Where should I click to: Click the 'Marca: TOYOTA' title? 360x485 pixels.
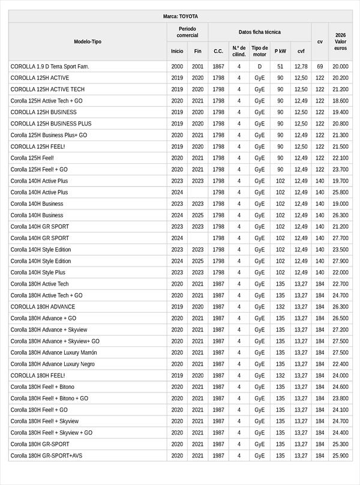pyautogui.click(x=180, y=16)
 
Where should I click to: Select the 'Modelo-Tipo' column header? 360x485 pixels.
pyautogui.click(x=88, y=41)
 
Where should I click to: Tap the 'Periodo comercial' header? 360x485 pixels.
pyautogui.click(x=187, y=32)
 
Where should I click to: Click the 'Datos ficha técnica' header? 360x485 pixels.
pyautogui.click(x=259, y=32)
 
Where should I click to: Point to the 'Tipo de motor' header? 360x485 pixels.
pyautogui.click(x=259, y=51)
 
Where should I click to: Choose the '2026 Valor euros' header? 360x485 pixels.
pyautogui.click(x=340, y=41)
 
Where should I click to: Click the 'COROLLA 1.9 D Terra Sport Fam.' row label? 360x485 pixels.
pyautogui.click(x=50, y=67)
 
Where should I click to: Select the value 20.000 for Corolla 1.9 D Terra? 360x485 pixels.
pyautogui.click(x=340, y=67)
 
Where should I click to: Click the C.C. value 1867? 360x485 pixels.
pyautogui.click(x=218, y=67)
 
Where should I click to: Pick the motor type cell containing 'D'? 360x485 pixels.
pyautogui.click(x=259, y=67)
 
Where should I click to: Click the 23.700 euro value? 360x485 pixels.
pyautogui.click(x=340, y=169)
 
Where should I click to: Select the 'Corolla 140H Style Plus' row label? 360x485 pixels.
pyautogui.click(x=38, y=273)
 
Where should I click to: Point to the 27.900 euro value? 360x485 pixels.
pyautogui.click(x=340, y=261)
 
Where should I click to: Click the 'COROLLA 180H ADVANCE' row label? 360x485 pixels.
pyautogui.click(x=43, y=307)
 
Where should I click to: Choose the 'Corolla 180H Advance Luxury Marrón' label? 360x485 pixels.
pyautogui.click(x=53, y=352)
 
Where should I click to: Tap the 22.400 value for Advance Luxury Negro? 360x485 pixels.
pyautogui.click(x=340, y=364)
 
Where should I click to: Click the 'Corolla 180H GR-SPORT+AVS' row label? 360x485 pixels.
pyautogui.click(x=46, y=456)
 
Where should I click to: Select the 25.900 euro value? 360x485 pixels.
pyautogui.click(x=340, y=456)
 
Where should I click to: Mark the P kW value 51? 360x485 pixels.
pyautogui.click(x=280, y=67)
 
